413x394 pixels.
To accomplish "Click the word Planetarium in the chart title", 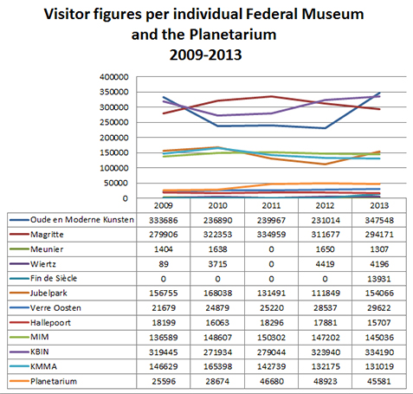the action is (233, 35).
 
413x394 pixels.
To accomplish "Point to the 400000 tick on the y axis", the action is (114, 77).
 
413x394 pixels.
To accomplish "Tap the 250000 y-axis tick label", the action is (114, 122).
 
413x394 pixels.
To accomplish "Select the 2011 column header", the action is (271, 205).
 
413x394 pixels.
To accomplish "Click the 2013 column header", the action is (379, 205).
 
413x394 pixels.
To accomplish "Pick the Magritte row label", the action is (47, 235).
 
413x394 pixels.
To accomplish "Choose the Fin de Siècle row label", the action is (54, 278).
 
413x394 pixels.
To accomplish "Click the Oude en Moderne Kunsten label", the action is (82, 220).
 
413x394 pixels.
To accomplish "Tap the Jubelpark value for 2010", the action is (217, 294).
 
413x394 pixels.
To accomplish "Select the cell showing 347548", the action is (379, 220).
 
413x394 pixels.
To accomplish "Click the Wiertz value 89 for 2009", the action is (164, 264).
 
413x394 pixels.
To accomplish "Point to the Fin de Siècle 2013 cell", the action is (379, 279).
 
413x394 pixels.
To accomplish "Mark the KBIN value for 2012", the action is (326, 352).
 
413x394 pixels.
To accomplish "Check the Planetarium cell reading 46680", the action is (271, 381).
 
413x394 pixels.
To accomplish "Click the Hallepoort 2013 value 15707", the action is (379, 323).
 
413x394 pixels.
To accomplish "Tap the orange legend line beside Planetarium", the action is (19, 381).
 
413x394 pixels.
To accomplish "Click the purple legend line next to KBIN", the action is (19, 352).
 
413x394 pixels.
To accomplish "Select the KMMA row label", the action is (43, 366).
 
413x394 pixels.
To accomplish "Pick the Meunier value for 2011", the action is (271, 249).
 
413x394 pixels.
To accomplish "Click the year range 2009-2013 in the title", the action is (205, 55).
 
